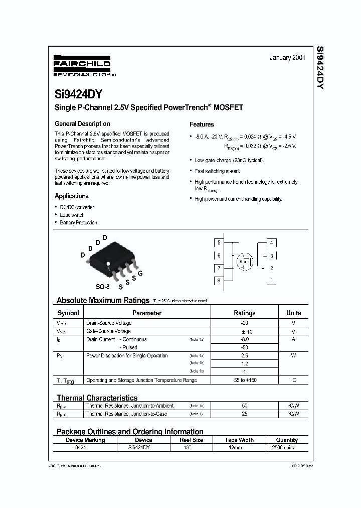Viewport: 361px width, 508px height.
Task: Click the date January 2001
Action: point(287,58)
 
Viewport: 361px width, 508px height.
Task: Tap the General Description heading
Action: point(82,123)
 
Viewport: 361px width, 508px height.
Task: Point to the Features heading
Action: point(202,124)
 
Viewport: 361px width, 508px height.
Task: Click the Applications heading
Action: point(71,196)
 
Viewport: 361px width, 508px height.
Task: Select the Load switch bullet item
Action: point(72,215)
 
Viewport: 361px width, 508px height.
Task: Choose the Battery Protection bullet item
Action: point(78,222)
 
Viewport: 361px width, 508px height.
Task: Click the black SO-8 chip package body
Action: point(109,259)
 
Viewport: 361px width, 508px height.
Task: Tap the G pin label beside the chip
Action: point(140,273)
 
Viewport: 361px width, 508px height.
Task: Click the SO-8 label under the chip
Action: point(102,287)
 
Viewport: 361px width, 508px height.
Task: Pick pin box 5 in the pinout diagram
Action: point(219,242)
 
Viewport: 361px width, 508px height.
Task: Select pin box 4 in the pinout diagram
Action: point(271,242)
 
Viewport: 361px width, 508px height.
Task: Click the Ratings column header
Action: point(245,313)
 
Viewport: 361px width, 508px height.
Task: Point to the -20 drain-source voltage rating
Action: point(245,323)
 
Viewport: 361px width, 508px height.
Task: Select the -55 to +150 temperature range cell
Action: point(245,380)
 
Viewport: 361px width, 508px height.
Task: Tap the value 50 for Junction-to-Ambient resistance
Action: point(245,405)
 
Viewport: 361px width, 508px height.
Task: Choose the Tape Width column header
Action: point(238,440)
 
